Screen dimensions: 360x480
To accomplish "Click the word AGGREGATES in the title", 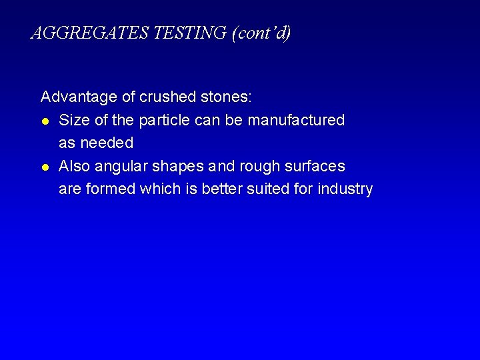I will pyautogui.click(x=90, y=33).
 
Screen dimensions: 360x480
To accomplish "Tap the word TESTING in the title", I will pyautogui.click(x=190, y=33).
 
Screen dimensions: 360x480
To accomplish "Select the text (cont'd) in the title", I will pyautogui.click(x=261, y=33).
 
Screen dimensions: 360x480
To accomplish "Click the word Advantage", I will pyautogui.click(x=79, y=97).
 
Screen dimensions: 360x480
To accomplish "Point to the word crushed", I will pyautogui.click(x=167, y=97).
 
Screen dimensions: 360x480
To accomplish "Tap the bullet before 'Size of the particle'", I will pyautogui.click(x=45, y=121).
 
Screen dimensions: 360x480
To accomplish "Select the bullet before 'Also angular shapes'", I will pyautogui.click(x=45, y=166).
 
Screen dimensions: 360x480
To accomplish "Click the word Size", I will pyautogui.click(x=73, y=120).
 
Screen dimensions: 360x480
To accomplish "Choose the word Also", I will pyautogui.click(x=73, y=165).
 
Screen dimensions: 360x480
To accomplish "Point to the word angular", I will pyautogui.click(x=117, y=167).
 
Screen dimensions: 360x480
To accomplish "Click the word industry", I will pyautogui.click(x=345, y=189).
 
